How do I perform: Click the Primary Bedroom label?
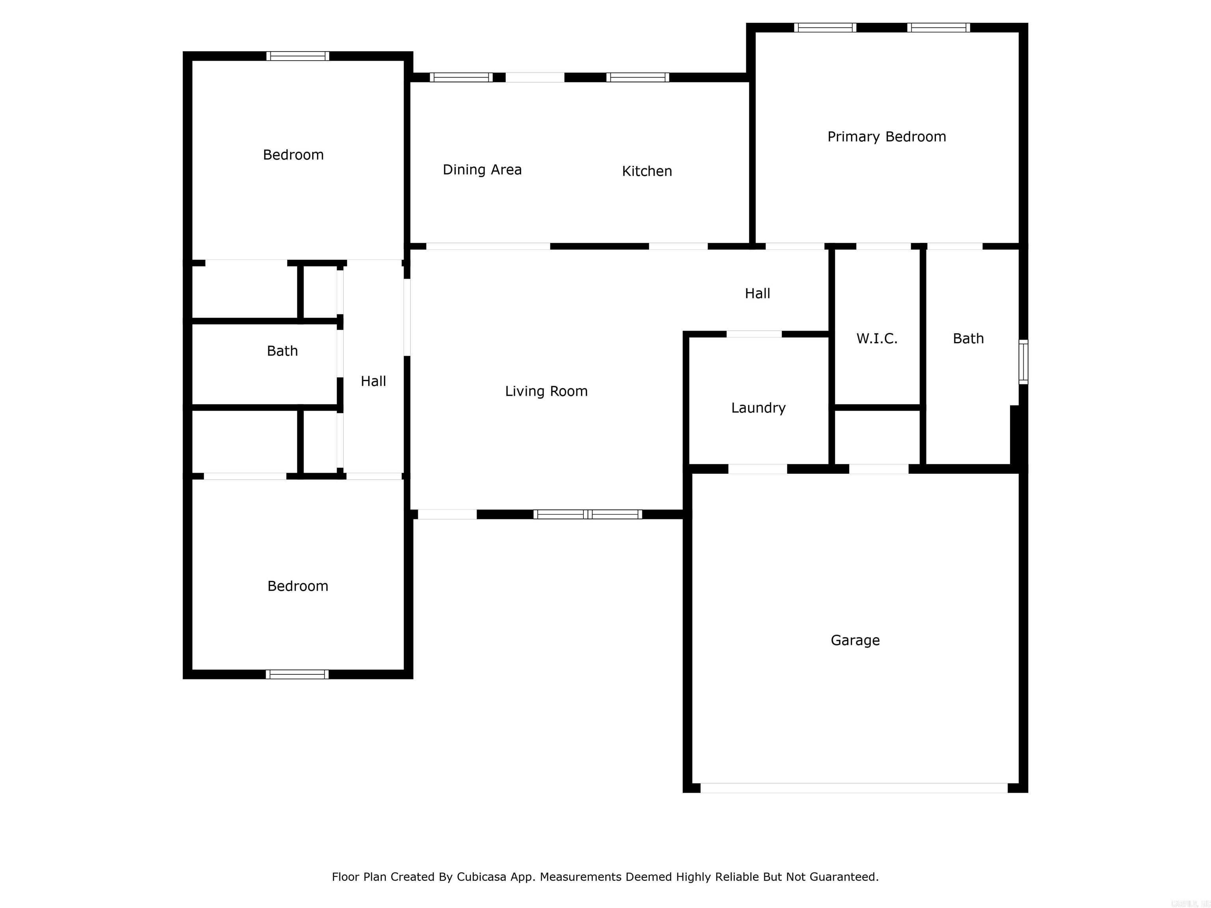coord(886,137)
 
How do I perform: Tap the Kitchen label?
coord(646,171)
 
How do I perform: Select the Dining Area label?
coord(482,170)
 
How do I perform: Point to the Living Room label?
coord(546,391)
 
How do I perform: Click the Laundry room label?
coord(758,408)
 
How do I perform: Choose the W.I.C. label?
coord(876,339)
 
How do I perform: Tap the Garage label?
coord(855,640)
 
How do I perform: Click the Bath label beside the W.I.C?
coord(968,339)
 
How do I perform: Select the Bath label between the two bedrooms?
coord(282,351)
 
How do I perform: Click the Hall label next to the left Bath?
coord(373,381)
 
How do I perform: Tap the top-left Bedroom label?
coord(293,155)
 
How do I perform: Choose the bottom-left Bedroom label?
coord(297,586)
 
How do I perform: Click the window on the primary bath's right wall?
coord(1023,362)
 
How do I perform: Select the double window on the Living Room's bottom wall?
coord(587,514)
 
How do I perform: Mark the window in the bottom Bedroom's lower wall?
coord(297,674)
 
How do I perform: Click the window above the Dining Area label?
coord(461,77)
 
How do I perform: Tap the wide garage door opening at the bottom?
coord(854,787)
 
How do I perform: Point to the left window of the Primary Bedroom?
coord(825,27)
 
